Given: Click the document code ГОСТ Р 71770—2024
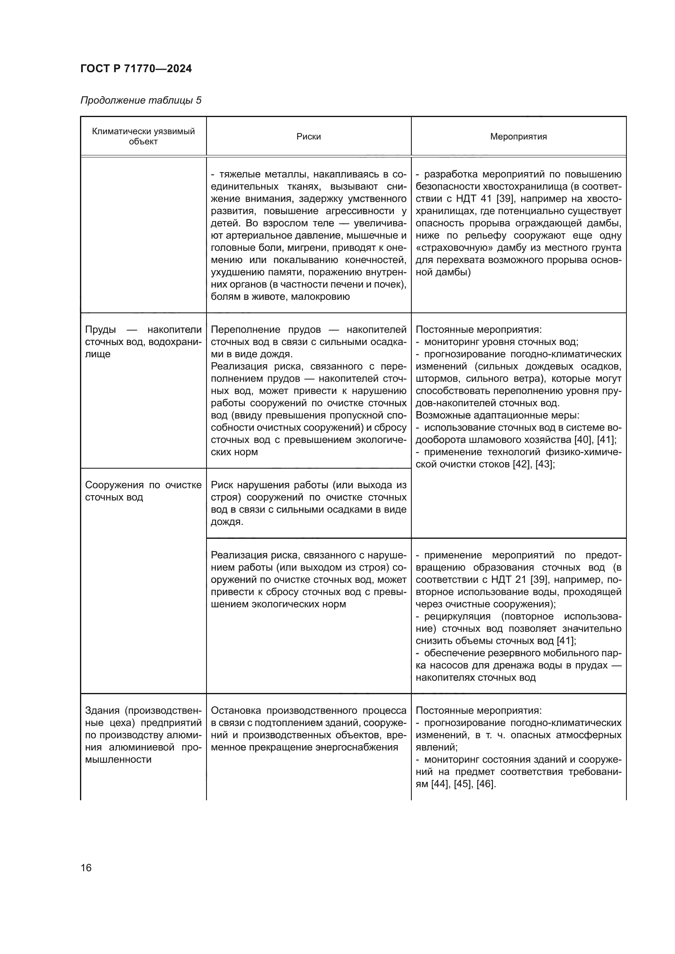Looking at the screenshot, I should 136,69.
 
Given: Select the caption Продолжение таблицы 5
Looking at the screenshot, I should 140,100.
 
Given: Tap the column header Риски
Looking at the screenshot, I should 309,137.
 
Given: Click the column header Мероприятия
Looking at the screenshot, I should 518,137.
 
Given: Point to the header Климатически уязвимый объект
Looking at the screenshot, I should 143,136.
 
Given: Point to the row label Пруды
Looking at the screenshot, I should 100,330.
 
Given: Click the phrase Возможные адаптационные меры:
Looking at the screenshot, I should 497,415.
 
